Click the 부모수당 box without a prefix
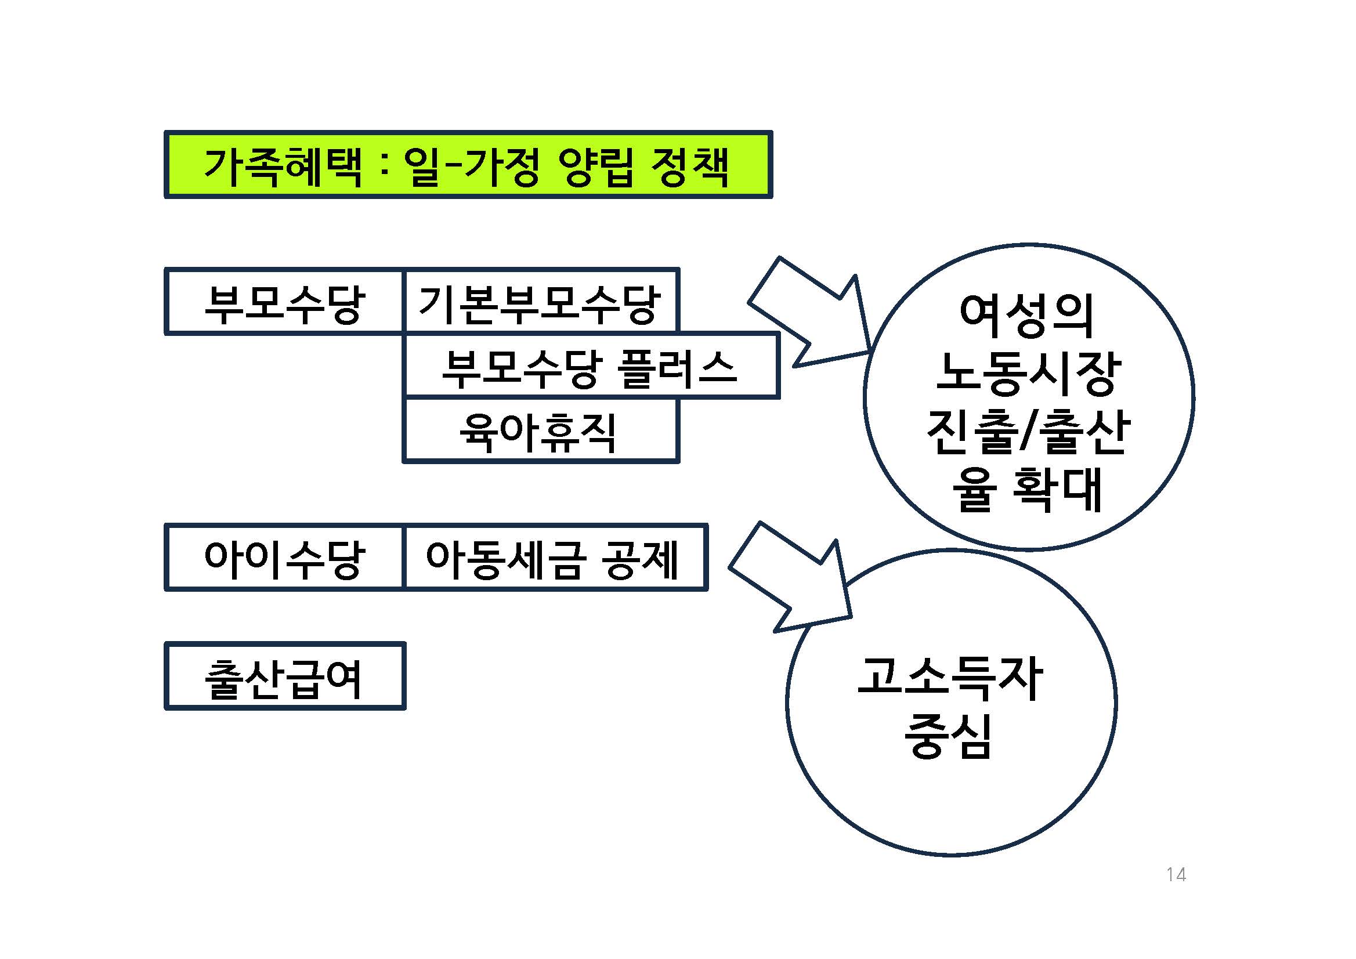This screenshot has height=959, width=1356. (x=284, y=303)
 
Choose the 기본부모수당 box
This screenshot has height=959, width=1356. (x=540, y=303)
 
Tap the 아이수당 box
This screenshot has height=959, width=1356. (x=284, y=558)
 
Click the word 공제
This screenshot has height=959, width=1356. (x=640, y=559)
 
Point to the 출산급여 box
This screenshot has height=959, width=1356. (x=284, y=677)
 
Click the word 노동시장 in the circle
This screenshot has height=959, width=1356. (x=1028, y=373)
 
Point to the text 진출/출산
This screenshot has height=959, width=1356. (x=1028, y=431)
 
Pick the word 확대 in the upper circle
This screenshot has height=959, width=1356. (x=1057, y=489)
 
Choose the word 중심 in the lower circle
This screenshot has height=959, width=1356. (x=949, y=735)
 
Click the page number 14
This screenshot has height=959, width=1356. (x=1176, y=874)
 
